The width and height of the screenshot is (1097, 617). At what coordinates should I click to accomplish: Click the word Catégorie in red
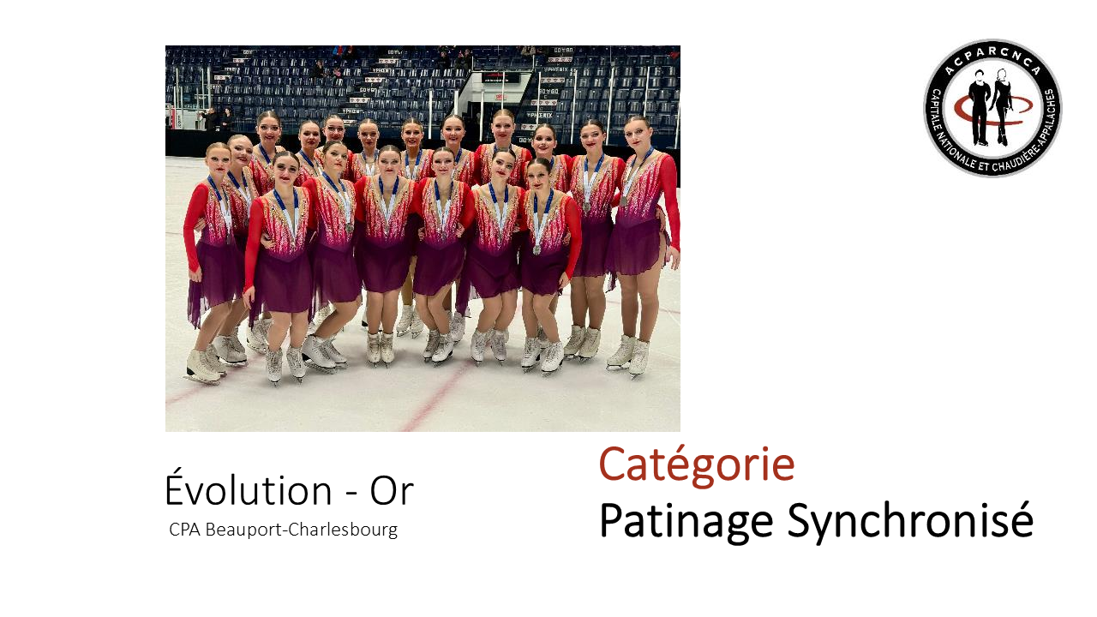pyautogui.click(x=697, y=464)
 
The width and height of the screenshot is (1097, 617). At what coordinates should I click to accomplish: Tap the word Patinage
pyautogui.click(x=686, y=522)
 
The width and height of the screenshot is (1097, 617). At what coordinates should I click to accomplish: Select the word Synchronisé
pyautogui.click(x=910, y=522)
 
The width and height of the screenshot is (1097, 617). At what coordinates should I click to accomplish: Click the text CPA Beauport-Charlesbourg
pyautogui.click(x=283, y=530)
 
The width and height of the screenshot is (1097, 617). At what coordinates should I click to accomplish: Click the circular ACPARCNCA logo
pyautogui.click(x=992, y=108)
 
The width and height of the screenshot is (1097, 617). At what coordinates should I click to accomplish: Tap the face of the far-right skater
pyautogui.click(x=636, y=134)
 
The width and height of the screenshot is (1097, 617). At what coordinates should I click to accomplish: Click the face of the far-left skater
pyautogui.click(x=218, y=159)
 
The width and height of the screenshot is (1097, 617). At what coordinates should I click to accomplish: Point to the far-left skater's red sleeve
pyautogui.click(x=193, y=225)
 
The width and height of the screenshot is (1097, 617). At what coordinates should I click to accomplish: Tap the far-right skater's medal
pyautogui.click(x=623, y=201)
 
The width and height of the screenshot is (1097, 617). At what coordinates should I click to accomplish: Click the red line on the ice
pyautogui.click(x=435, y=397)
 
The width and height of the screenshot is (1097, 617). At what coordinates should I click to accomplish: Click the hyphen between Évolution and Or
pyautogui.click(x=351, y=493)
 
